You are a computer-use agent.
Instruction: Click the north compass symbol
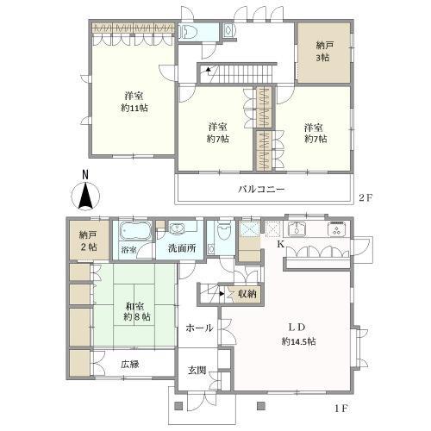85,197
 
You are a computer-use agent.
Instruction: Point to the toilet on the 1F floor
224,231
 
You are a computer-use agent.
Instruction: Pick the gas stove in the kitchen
336,228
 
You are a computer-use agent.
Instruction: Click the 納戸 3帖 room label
323,52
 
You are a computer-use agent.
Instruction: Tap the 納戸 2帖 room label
88,241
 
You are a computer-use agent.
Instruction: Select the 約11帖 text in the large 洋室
134,108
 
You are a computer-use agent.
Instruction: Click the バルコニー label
261,190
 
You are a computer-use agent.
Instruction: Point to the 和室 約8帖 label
137,311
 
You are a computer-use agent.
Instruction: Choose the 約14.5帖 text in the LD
299,341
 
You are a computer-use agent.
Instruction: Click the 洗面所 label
182,248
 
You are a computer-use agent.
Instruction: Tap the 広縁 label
130,365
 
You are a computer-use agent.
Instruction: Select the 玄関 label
197,371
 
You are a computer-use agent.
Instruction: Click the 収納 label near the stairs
247,294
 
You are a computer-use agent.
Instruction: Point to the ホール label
199,328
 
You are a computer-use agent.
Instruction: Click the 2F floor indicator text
365,198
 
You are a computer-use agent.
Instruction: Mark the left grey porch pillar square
178,406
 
